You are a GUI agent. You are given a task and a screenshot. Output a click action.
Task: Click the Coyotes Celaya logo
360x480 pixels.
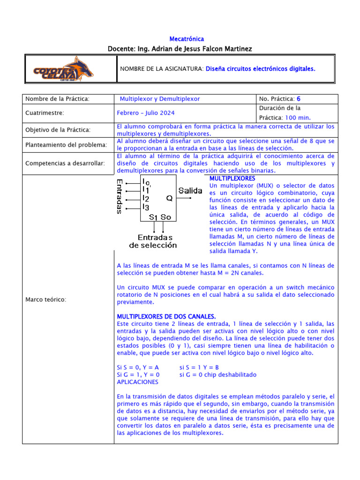coord(63,69)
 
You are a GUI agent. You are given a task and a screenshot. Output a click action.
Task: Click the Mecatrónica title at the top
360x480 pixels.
coord(186,39)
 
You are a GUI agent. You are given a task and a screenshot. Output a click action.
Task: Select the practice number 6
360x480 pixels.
coord(299,99)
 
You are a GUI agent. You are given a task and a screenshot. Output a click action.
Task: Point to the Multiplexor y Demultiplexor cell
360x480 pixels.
coord(160,99)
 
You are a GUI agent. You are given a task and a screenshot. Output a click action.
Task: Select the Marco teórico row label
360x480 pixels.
coord(45,300)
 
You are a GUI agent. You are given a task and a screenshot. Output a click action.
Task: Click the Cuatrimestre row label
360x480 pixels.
coord(45,113)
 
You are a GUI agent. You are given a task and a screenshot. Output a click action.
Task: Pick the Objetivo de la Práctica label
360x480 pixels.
coord(58,129)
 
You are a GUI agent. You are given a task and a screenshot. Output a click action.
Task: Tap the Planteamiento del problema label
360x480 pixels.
coord(66,145)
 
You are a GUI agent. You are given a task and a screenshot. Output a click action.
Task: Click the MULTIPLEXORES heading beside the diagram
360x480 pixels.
coord(232,179)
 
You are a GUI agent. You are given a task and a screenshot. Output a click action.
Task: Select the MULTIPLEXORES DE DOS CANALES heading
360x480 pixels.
coord(166,316)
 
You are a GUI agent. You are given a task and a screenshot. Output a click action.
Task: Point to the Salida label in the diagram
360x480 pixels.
coord(190,191)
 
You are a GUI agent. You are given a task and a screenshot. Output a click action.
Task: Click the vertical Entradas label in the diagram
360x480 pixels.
coord(120,196)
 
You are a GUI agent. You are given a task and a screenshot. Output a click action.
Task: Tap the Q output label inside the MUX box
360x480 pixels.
coord(169,198)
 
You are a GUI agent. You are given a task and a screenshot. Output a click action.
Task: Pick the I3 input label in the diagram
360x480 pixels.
coord(146,207)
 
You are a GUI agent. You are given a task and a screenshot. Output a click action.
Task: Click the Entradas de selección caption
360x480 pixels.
coord(153,241)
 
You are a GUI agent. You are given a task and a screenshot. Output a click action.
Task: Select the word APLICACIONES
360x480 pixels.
coord(137,382)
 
